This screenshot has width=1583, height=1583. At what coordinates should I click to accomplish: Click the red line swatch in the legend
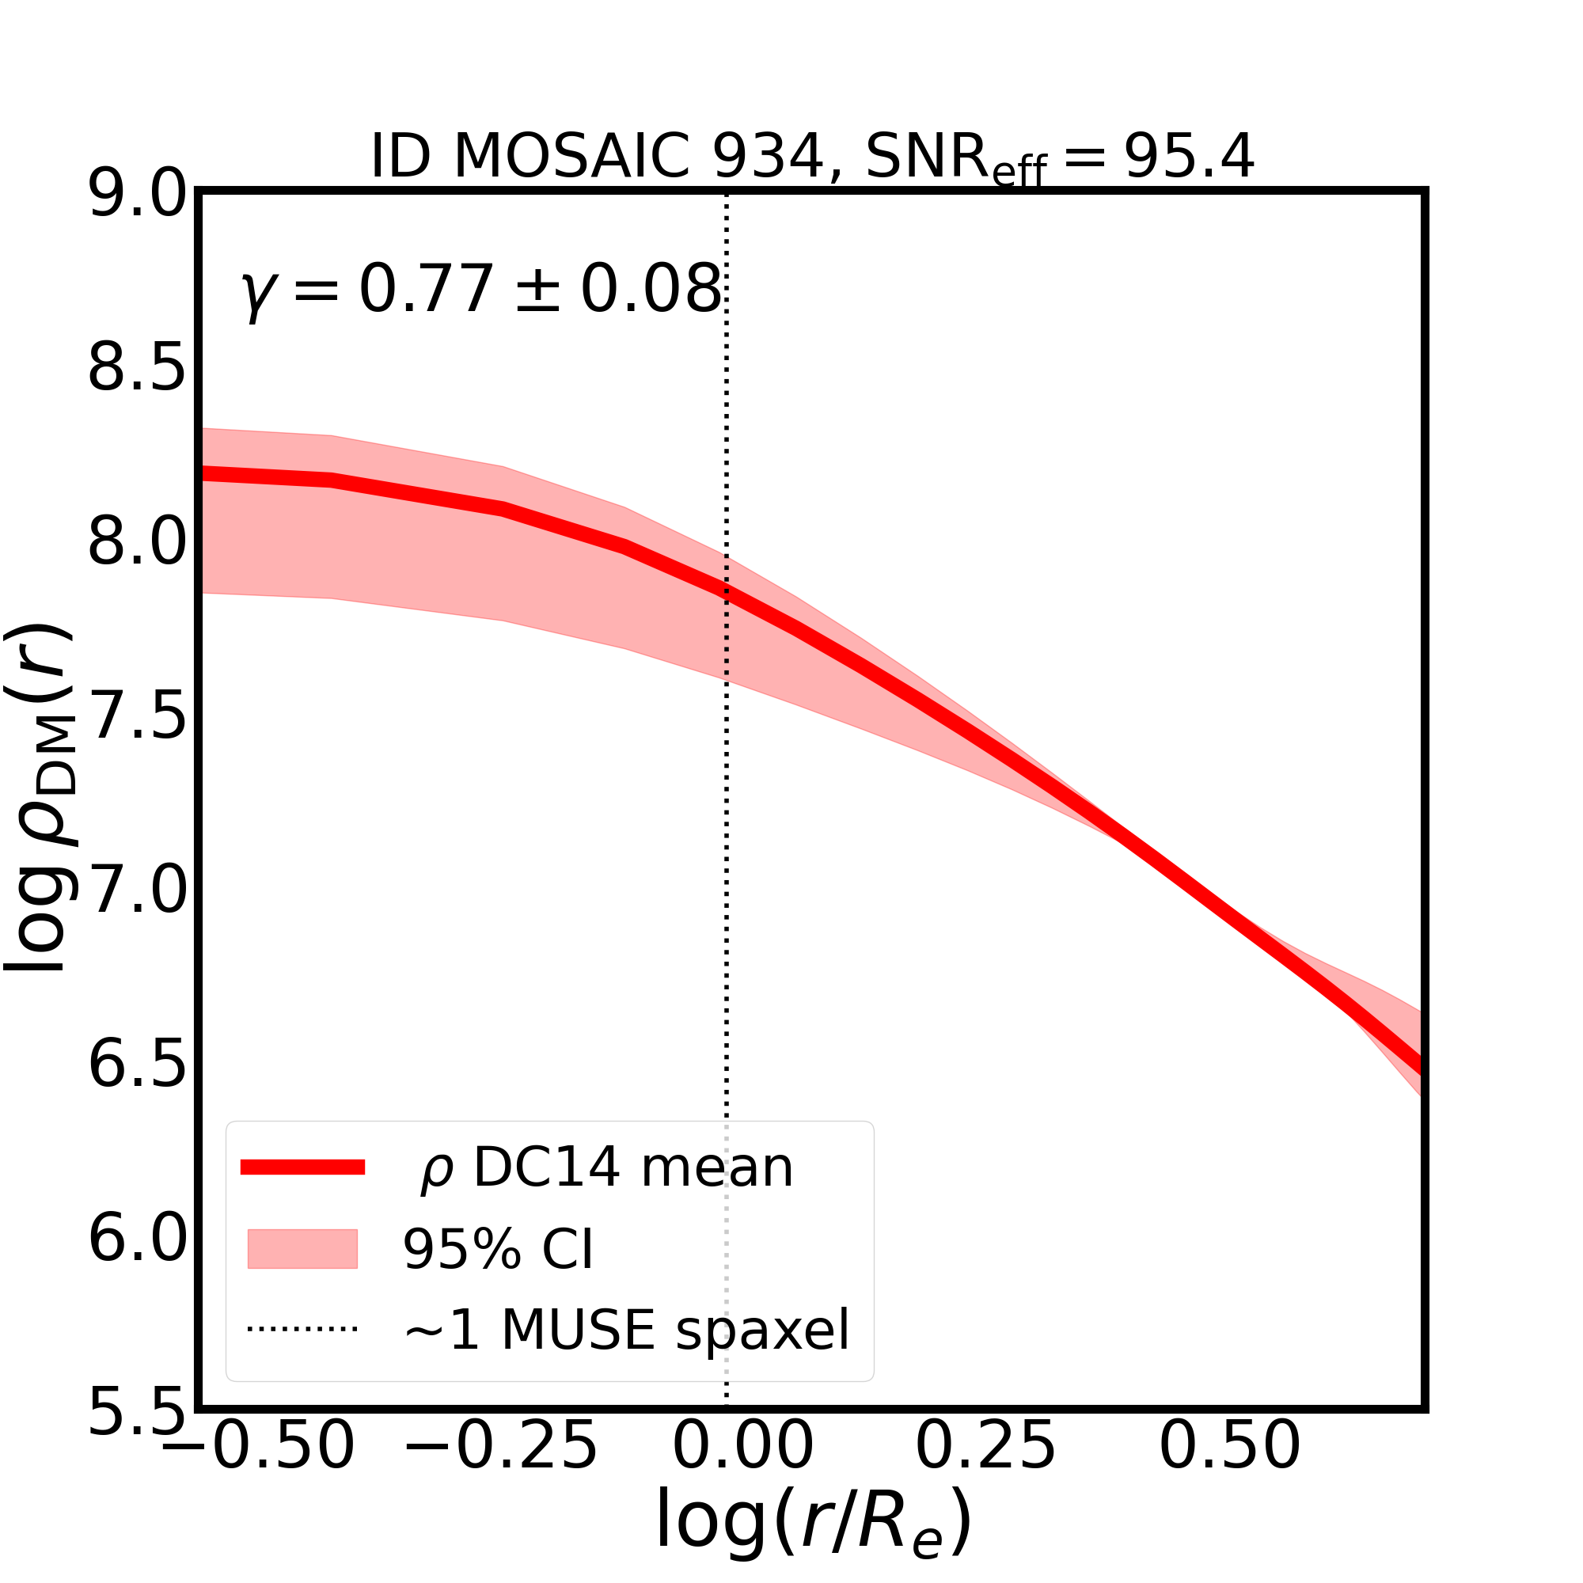pos(302,1167)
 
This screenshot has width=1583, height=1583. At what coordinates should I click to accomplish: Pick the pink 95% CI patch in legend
pos(302,1249)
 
